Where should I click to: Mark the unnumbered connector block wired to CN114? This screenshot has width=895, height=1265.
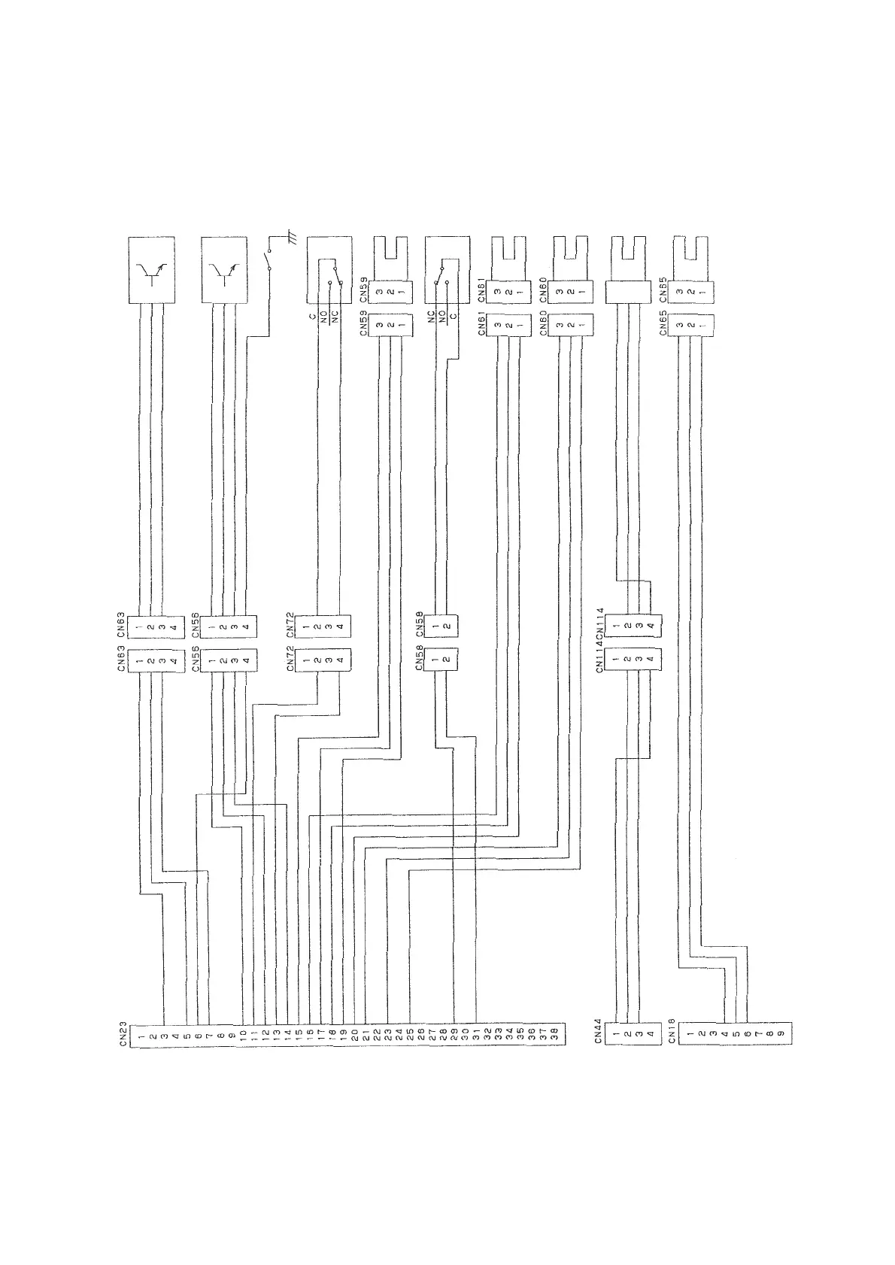click(627, 293)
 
